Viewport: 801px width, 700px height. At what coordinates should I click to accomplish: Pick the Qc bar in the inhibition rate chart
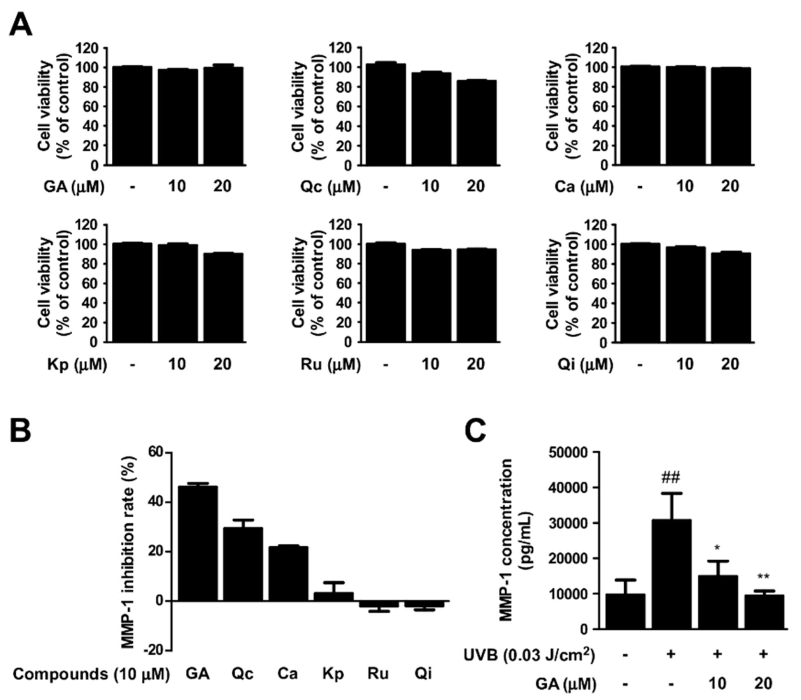(243, 564)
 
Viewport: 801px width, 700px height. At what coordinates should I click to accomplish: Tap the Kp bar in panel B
(333, 596)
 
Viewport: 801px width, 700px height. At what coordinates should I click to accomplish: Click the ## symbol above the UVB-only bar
(670, 477)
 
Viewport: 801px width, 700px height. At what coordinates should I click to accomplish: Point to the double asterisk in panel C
(763, 577)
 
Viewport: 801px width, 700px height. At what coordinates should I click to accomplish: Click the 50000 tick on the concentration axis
(569, 452)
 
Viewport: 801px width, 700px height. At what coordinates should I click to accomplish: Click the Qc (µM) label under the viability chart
(330, 187)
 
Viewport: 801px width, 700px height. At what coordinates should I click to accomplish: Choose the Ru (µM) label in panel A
(330, 364)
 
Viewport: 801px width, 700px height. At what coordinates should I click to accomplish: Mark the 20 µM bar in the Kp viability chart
(223, 297)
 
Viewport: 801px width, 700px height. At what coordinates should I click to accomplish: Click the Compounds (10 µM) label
(91, 674)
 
